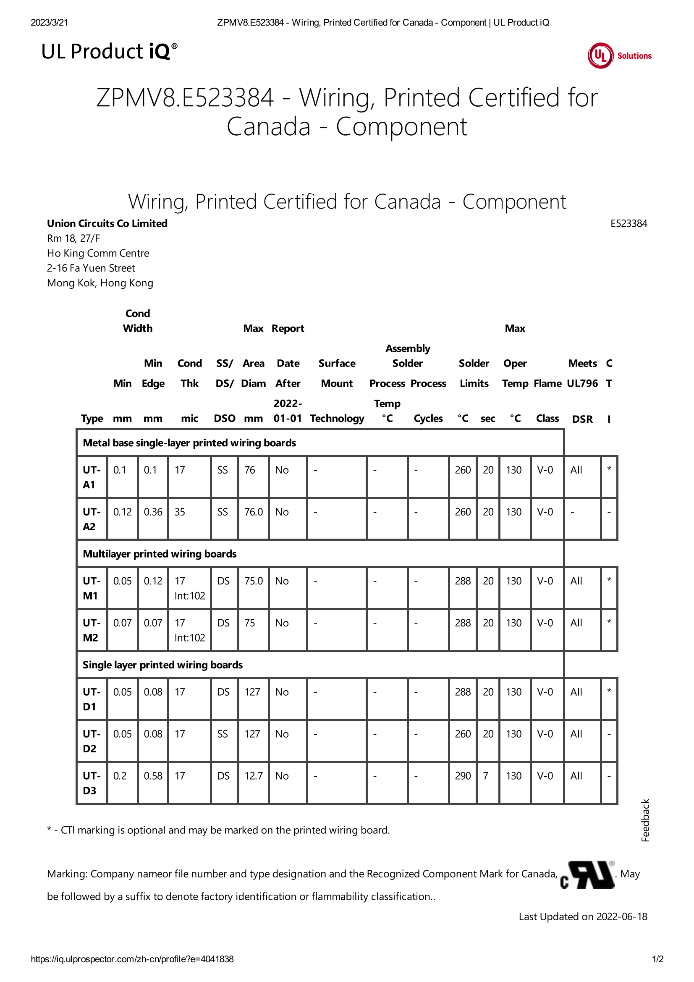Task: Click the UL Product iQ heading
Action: tap(109, 52)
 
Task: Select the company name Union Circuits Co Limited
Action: tap(107, 223)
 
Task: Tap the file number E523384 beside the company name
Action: tap(628, 223)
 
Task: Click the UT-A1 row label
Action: tap(92, 477)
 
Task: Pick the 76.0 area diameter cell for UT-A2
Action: tap(253, 512)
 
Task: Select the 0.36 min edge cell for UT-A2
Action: tap(153, 512)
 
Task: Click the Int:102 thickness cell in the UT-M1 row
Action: tap(189, 596)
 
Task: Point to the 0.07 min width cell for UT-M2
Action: tap(122, 623)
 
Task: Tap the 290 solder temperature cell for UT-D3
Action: tap(462, 776)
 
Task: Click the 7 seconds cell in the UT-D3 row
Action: tap(486, 776)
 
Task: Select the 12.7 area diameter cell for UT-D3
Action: tap(253, 776)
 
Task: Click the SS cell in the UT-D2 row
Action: tap(223, 734)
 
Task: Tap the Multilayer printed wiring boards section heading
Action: tap(160, 554)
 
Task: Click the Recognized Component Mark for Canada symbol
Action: tap(587, 875)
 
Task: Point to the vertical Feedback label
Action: tap(645, 820)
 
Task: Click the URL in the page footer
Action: tap(132, 959)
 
